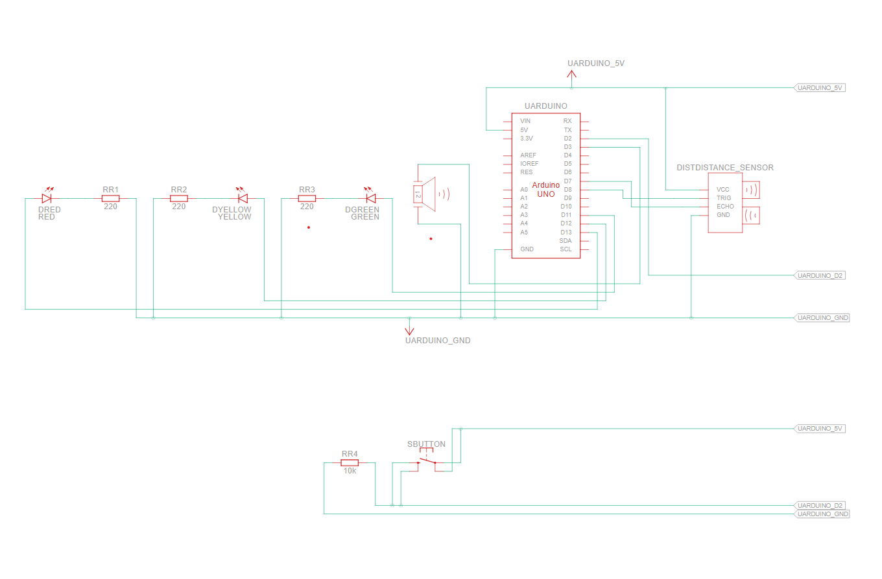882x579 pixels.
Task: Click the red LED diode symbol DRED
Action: (x=47, y=198)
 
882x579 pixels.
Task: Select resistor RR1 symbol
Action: (x=111, y=198)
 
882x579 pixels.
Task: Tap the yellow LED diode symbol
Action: (x=243, y=198)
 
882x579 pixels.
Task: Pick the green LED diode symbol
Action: (x=371, y=198)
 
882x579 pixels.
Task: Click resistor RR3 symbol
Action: (x=307, y=198)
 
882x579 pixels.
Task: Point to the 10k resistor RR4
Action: (x=350, y=462)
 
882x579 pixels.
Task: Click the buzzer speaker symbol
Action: (x=426, y=194)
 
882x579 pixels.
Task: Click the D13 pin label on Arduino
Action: (x=566, y=232)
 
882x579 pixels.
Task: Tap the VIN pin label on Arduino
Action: (x=525, y=121)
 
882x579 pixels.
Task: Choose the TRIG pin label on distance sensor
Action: (x=724, y=198)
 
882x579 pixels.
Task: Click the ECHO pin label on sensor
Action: (x=725, y=207)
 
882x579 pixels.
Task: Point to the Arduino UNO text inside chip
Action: (x=545, y=189)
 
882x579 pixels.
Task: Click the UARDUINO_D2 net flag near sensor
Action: (x=820, y=275)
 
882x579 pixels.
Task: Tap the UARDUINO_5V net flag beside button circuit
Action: (x=820, y=429)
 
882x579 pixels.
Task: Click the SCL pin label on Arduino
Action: (x=566, y=249)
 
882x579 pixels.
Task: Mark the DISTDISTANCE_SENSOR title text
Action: (x=724, y=168)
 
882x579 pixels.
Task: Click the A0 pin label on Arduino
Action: (x=524, y=189)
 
